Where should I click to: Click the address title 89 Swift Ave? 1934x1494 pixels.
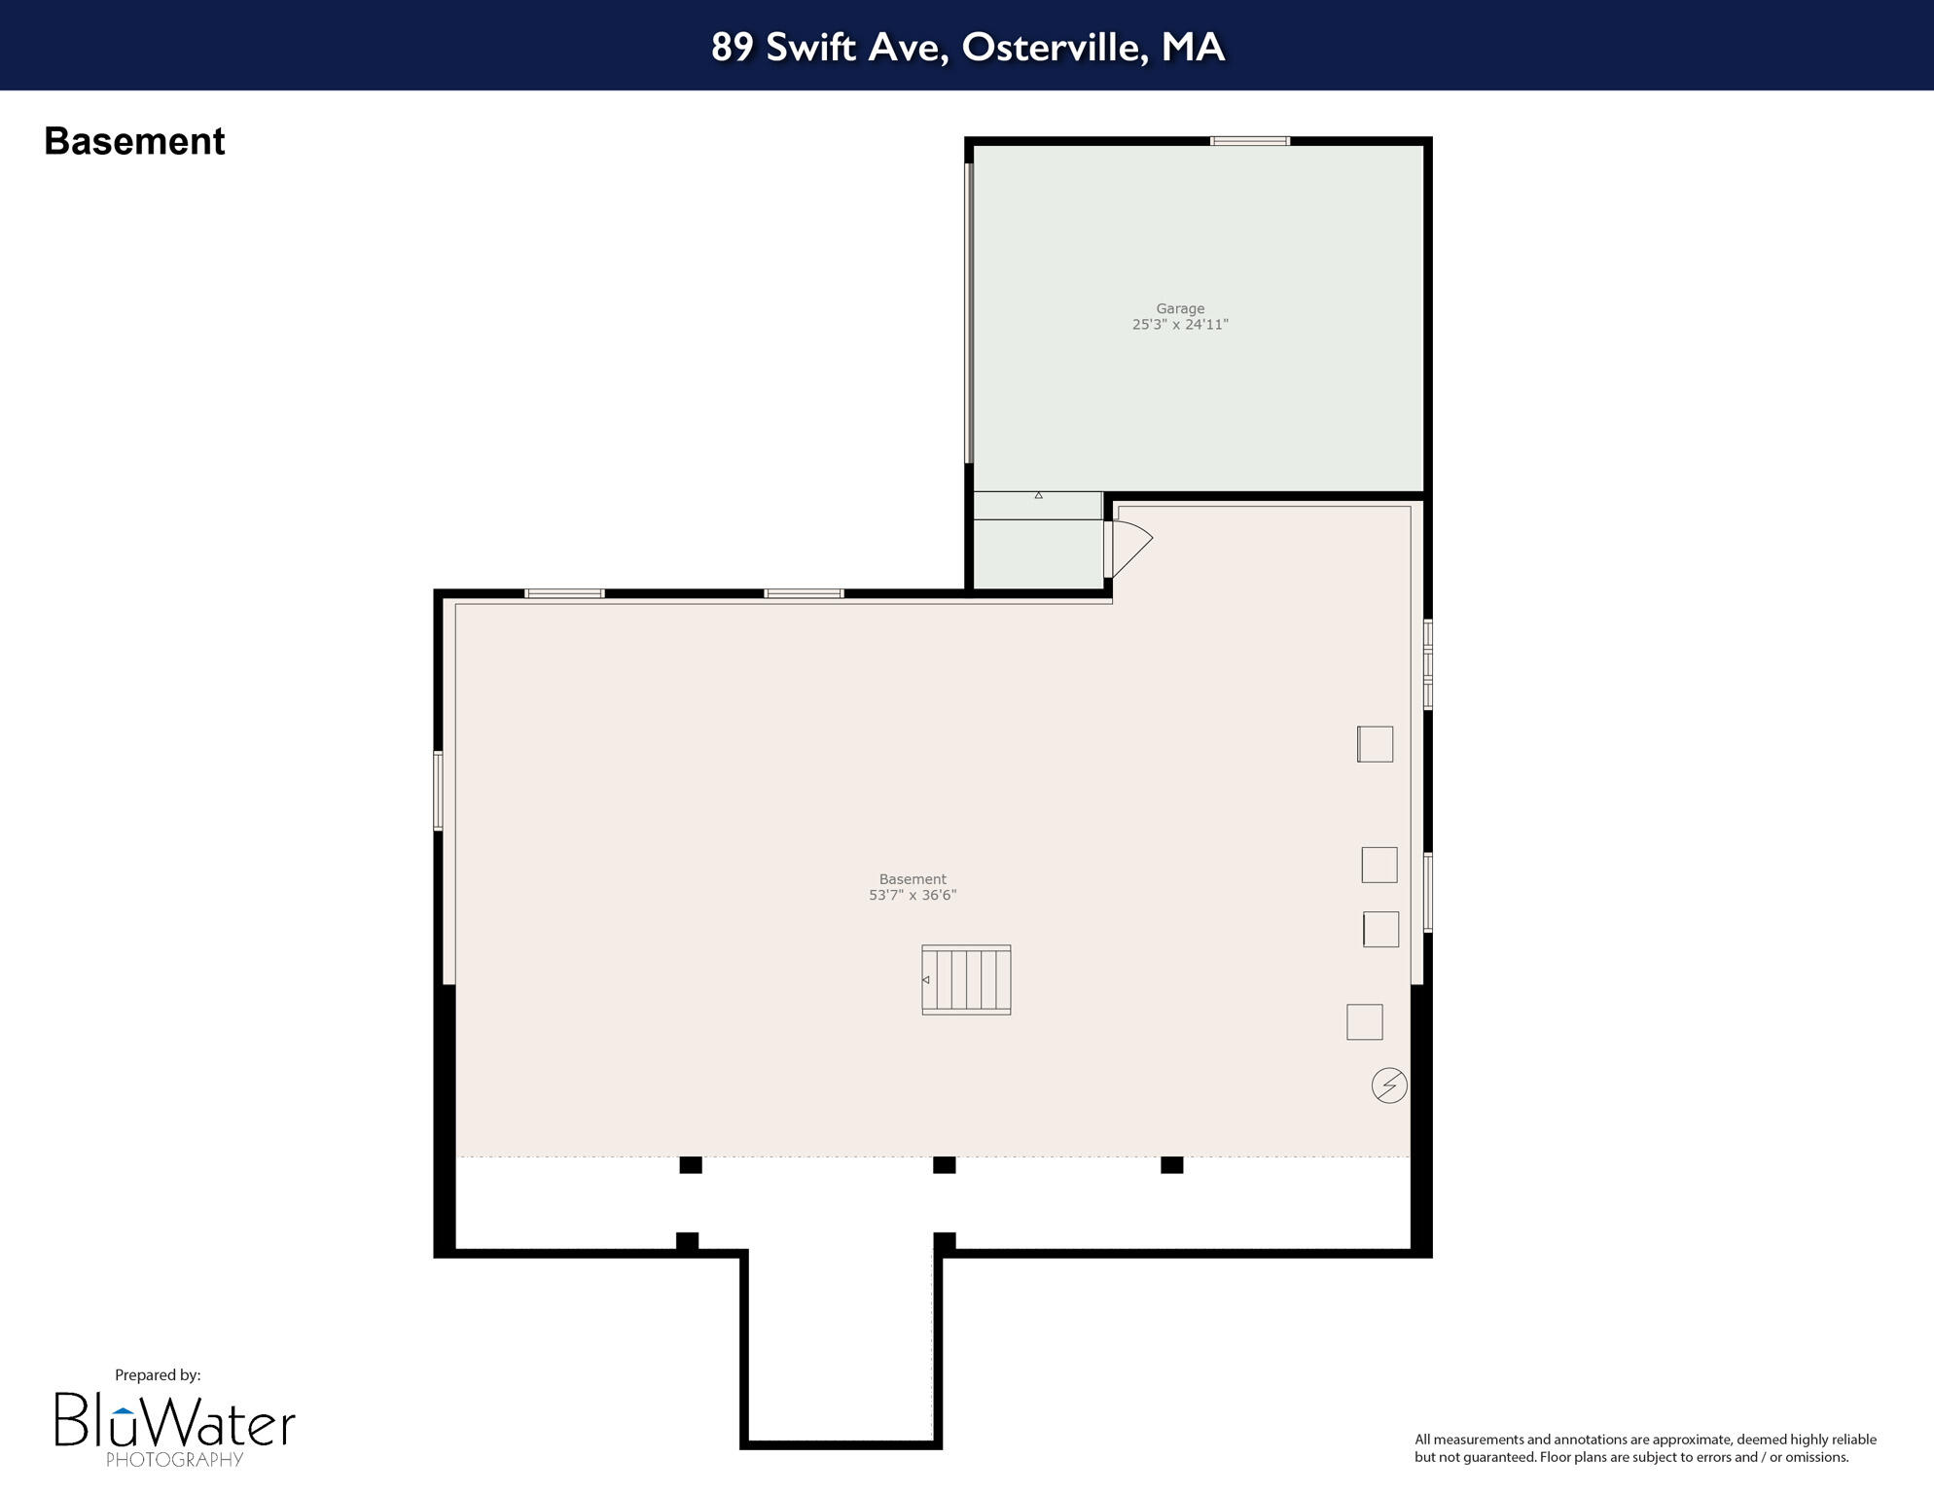point(967,47)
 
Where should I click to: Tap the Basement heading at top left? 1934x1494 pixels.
point(134,142)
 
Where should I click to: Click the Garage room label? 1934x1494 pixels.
point(1180,308)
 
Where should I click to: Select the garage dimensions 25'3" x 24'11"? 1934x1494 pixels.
point(1180,325)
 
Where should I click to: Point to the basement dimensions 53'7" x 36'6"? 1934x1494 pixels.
point(913,895)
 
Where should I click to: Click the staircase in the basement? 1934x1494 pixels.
point(966,979)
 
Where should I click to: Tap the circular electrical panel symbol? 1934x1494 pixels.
point(1388,1085)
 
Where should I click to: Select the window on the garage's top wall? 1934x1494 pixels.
point(1249,142)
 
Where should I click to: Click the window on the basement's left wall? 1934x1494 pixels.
point(439,790)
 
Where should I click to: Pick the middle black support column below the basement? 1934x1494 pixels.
point(944,1164)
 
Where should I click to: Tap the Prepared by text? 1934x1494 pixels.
point(158,1374)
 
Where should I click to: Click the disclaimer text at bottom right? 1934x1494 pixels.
point(1644,1447)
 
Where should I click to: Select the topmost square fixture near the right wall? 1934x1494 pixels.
point(1375,744)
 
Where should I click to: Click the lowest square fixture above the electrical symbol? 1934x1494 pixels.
point(1364,1021)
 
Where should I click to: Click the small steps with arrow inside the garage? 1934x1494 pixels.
point(1037,505)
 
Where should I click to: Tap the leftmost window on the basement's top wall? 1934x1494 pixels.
point(564,593)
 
